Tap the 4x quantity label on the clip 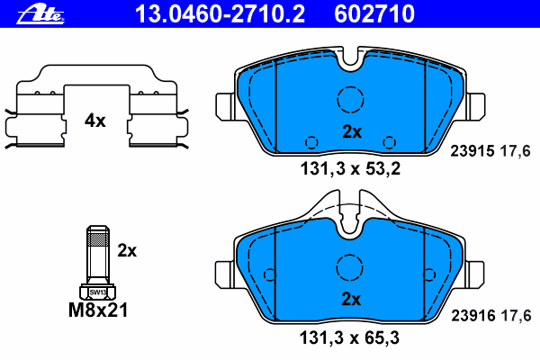[95, 120]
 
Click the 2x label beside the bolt [127, 250]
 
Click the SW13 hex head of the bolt [96, 292]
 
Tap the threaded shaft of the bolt [96, 254]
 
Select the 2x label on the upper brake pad [352, 131]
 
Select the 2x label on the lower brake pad [352, 299]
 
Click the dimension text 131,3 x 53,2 [351, 167]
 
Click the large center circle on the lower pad [350, 267]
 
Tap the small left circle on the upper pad [311, 141]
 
